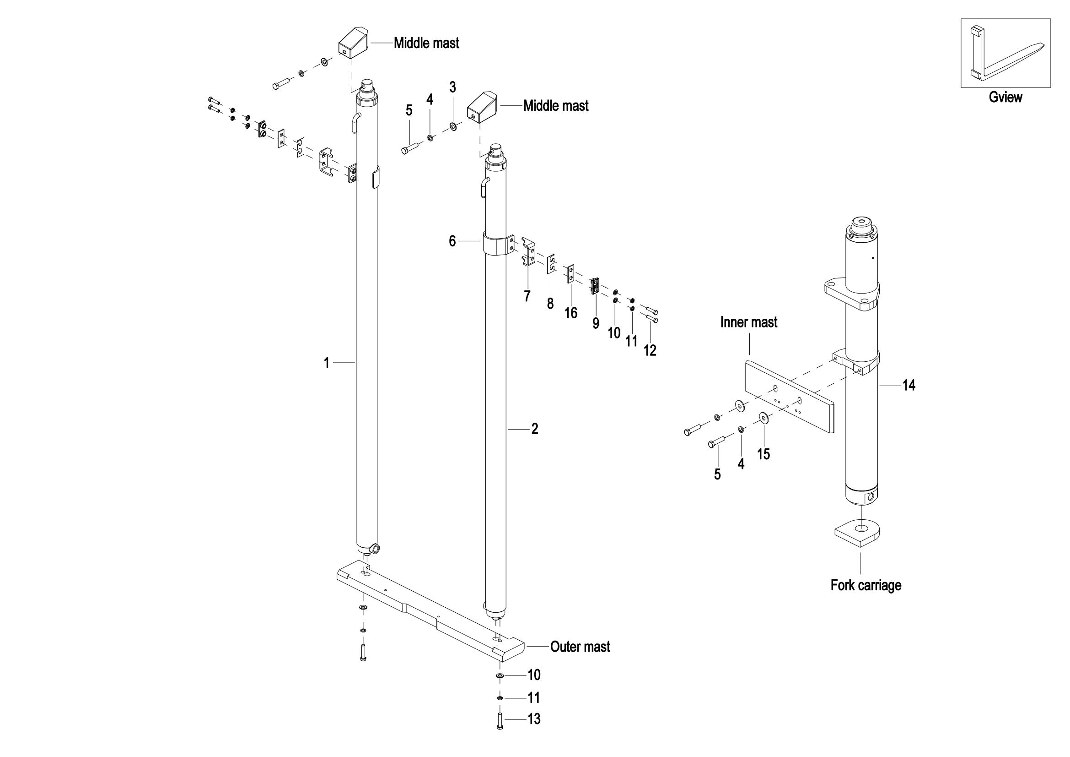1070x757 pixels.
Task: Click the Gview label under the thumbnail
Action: (x=1005, y=97)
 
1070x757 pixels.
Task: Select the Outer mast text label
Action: (x=580, y=647)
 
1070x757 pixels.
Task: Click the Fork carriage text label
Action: (x=866, y=585)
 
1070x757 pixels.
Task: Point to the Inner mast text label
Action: (x=749, y=322)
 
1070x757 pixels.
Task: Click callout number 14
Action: (x=909, y=385)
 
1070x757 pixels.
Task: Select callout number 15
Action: (x=764, y=454)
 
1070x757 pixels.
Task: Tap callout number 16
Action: (x=571, y=312)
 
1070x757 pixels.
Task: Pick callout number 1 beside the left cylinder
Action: (x=327, y=362)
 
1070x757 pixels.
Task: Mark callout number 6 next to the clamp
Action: (x=452, y=241)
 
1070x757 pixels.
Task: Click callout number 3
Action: (x=452, y=87)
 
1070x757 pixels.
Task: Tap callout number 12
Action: (x=650, y=350)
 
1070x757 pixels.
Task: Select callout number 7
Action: (x=527, y=296)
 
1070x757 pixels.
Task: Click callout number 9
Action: (x=596, y=323)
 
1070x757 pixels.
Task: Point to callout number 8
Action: (x=550, y=304)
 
